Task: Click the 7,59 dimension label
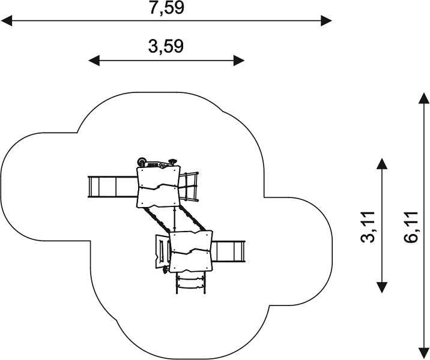pos(166,7)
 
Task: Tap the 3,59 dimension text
pos(166,46)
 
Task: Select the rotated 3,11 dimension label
pos(368,227)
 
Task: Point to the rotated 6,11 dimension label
pos(411,227)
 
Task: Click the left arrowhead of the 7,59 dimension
pos(6,21)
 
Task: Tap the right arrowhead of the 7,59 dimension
pos(327,21)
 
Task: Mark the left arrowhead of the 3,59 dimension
pos(94,61)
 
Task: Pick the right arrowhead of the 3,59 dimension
pos(239,61)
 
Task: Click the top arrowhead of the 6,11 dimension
pos(423,98)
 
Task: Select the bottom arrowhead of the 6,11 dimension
pos(423,353)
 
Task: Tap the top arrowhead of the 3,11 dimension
pos(382,164)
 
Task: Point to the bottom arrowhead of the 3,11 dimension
pos(382,287)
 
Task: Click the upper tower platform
pos(159,187)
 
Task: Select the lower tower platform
pos(191,251)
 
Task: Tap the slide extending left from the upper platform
pos(112,187)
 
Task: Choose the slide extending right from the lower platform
pos(228,251)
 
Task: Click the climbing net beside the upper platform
pos(189,187)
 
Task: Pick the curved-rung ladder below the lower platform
pos(190,283)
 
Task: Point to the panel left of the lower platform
pos(162,252)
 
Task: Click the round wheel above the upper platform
pos(142,161)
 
